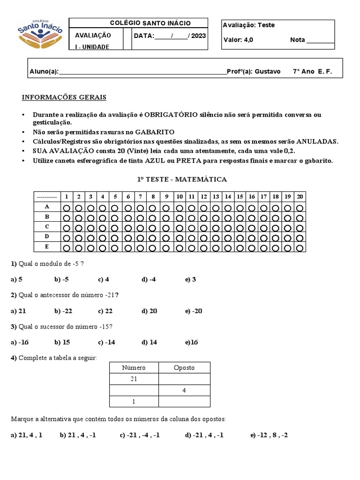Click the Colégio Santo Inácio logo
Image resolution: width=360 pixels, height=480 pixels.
pos(40,34)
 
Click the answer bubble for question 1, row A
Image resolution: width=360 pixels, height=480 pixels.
pos(67,207)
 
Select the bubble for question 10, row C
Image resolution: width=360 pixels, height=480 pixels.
pos(179,227)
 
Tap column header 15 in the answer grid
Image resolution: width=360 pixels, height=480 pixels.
pos(240,196)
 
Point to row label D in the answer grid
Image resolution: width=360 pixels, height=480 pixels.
pos(47,237)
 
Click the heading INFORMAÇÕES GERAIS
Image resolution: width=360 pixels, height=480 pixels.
pos(64,97)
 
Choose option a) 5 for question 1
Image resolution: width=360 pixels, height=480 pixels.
pos(17,280)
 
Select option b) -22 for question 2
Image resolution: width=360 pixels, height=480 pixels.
pos(61,311)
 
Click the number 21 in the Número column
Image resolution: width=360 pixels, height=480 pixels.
pos(134,379)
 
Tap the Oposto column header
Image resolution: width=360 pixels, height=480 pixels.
pos(184,368)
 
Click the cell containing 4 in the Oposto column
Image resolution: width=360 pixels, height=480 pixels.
pos(184,390)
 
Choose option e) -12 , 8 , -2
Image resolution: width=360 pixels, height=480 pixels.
pos(269,435)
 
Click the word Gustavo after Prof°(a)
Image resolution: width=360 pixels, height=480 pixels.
pos(270,72)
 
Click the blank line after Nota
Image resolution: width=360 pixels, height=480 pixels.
pos(321,40)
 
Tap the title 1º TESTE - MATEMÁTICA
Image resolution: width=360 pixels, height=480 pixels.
pos(182,180)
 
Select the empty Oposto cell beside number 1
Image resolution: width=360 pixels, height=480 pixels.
pos(184,402)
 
